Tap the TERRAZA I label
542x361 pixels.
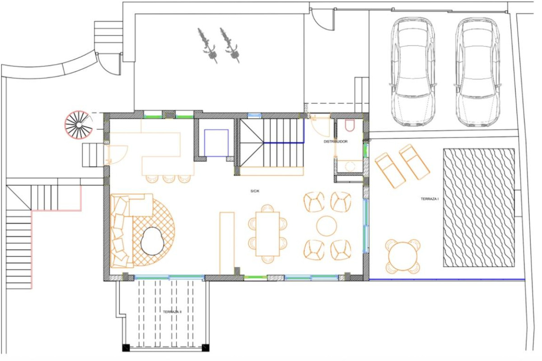pyautogui.click(x=430, y=199)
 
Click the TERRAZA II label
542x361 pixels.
pyautogui.click(x=172, y=312)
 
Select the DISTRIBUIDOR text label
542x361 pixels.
pyautogui.click(x=336, y=142)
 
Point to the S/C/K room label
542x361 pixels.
pyautogui.click(x=255, y=191)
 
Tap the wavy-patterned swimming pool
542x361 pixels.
pyautogui.click(x=479, y=208)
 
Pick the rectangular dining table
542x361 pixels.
pyautogui.click(x=267, y=234)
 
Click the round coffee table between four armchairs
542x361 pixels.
pyautogui.click(x=326, y=226)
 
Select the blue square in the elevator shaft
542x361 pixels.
pyautogui.click(x=216, y=143)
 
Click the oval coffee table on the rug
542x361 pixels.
pyautogui.click(x=152, y=241)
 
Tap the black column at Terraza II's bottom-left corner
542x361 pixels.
pyautogui.click(x=126, y=348)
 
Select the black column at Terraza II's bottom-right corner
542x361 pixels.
pyautogui.click(x=206, y=348)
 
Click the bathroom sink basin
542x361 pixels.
pyautogui.click(x=350, y=166)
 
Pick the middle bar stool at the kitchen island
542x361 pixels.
pyautogui.click(x=169, y=179)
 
